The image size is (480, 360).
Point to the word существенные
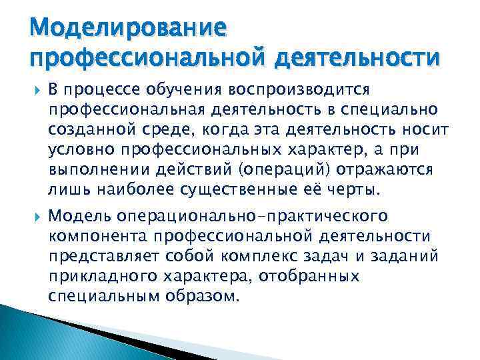pyautogui.click(x=241, y=189)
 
